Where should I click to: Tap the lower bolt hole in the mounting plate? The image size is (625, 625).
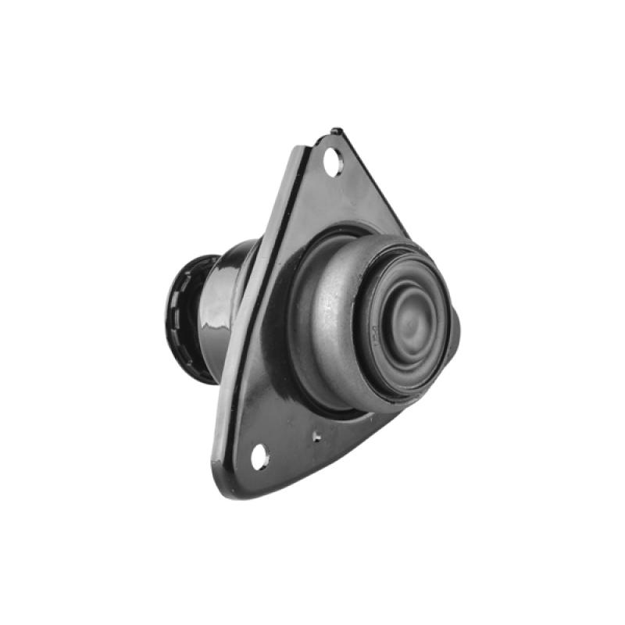(x=259, y=455)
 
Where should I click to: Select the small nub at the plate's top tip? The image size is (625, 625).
(x=335, y=131)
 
